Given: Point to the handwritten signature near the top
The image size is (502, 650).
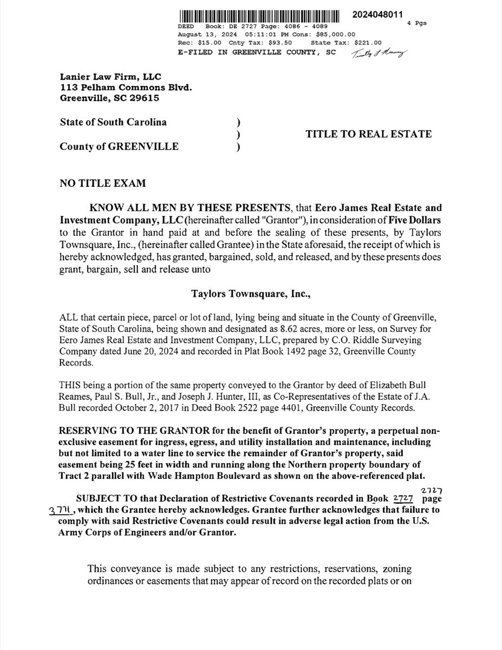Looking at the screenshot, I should point(379,53).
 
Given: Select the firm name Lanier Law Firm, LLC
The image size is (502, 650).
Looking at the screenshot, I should point(110,77).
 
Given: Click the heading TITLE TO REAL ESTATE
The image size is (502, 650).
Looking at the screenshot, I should point(369,134).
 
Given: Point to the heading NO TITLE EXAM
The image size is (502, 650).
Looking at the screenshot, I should point(102,184).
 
